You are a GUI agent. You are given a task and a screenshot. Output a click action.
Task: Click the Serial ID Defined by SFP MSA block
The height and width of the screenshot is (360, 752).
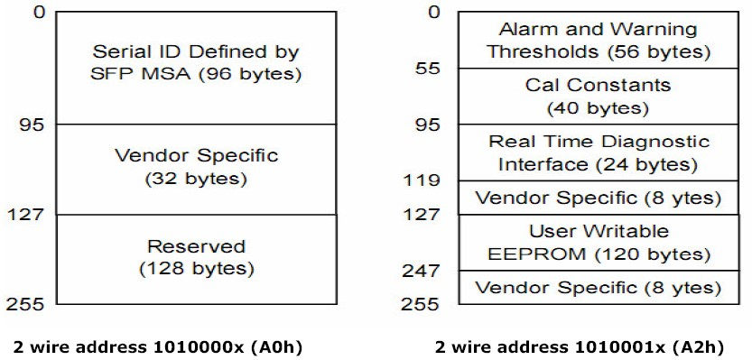(196, 68)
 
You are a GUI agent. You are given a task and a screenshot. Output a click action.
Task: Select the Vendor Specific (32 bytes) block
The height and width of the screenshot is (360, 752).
(196, 170)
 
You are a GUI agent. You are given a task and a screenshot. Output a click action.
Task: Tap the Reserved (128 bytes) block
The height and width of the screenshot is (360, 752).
(196, 259)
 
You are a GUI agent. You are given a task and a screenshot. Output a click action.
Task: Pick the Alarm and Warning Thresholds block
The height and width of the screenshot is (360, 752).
(599, 40)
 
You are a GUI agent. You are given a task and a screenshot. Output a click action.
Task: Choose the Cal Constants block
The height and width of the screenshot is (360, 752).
(599, 97)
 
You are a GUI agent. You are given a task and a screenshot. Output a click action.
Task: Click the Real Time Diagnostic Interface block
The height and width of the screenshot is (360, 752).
(599, 152)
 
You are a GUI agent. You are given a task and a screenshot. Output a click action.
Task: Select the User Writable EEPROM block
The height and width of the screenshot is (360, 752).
(599, 243)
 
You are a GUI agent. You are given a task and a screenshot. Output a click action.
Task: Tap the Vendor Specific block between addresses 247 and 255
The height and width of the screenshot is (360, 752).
(599, 287)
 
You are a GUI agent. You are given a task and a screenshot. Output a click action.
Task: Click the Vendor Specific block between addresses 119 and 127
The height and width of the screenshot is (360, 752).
(599, 198)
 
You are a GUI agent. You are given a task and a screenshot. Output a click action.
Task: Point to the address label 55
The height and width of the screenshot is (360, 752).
(427, 69)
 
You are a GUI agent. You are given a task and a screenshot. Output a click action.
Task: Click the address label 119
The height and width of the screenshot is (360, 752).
(421, 180)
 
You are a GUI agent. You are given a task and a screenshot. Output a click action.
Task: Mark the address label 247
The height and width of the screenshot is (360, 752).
(421, 271)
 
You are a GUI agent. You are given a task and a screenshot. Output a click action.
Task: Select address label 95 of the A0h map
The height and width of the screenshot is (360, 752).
(32, 125)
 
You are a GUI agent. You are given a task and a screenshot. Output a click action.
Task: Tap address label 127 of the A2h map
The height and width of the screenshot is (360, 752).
(421, 214)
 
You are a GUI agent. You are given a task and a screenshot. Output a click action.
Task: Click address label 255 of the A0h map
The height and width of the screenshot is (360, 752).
(25, 304)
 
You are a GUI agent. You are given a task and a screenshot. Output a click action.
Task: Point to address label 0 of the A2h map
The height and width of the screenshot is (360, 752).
(433, 12)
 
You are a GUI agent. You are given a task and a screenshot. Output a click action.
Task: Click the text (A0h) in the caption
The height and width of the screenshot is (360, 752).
(279, 347)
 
